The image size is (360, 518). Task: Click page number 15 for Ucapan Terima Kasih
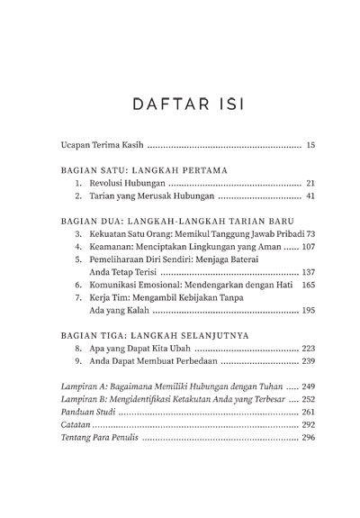pyautogui.click(x=308, y=145)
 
